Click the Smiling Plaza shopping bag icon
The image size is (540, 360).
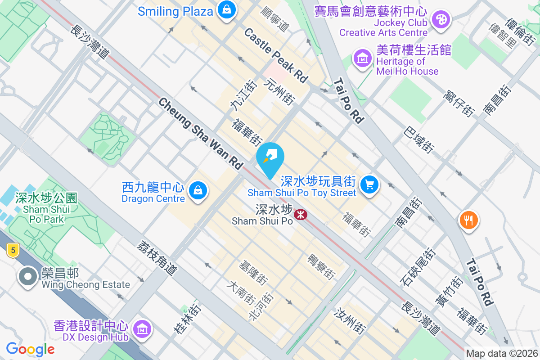click(227, 10)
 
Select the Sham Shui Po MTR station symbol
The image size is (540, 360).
click(300, 215)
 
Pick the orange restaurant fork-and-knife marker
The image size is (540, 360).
click(468, 220)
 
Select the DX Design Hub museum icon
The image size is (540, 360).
click(142, 329)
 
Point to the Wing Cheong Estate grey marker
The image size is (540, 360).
click(28, 276)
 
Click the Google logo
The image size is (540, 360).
click(30, 349)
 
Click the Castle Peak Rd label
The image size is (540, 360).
click(276, 55)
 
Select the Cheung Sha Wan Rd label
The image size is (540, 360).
click(201, 134)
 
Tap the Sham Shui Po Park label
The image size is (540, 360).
click(46, 208)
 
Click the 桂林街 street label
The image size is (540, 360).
click(187, 319)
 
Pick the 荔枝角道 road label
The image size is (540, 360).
click(157, 257)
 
